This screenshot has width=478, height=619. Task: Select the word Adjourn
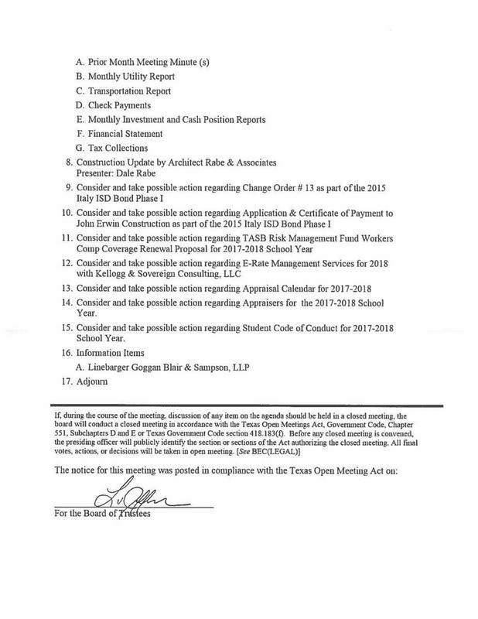pos(92,381)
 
